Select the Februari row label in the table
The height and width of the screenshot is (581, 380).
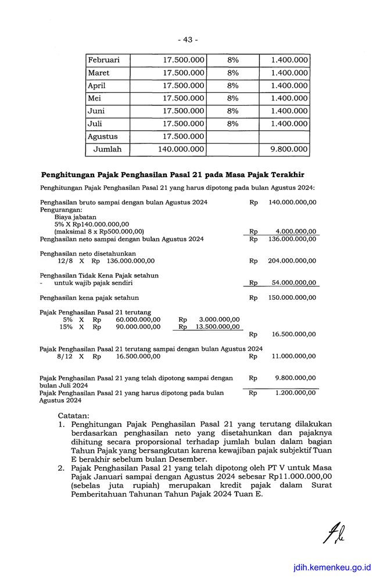click(x=103, y=60)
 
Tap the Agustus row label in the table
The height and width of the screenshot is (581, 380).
click(x=102, y=137)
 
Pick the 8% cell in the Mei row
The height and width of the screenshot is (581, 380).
click(x=233, y=98)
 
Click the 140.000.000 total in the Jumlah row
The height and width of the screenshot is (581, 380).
click(x=181, y=149)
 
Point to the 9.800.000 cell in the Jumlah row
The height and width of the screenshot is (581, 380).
click(x=289, y=149)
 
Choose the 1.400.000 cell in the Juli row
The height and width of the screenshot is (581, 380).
click(x=289, y=124)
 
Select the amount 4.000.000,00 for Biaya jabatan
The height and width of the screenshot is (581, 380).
click(x=292, y=231)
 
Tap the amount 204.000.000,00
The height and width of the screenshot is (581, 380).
click(x=292, y=261)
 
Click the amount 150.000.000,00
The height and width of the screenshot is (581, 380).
click(x=292, y=297)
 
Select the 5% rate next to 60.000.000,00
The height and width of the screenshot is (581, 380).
click(x=68, y=319)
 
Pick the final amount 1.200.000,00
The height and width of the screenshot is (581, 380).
click(x=295, y=393)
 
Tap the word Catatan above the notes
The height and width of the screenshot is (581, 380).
click(x=74, y=416)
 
